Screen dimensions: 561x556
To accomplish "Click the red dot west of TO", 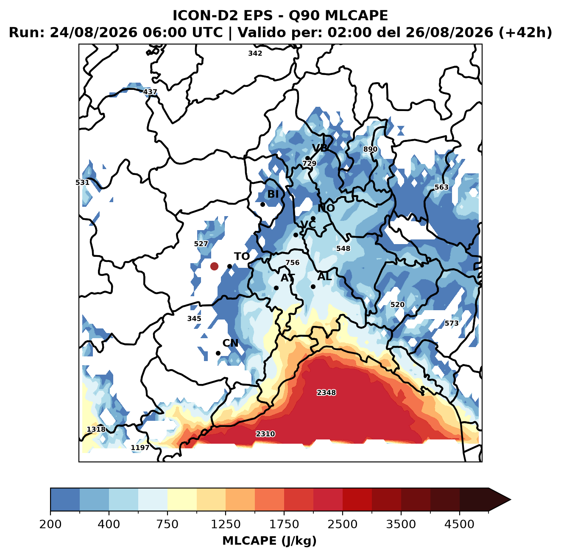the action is tap(214, 266).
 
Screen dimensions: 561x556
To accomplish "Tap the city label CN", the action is tap(230, 343).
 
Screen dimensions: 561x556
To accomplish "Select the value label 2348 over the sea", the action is tap(327, 392).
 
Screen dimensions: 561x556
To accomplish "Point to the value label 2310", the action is tap(265, 434).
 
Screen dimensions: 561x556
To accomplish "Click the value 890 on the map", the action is tap(370, 149).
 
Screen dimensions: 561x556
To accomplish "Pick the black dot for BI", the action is tap(262, 204).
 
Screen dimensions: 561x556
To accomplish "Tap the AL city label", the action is tap(325, 276).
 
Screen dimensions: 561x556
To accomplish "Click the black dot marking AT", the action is tap(276, 288).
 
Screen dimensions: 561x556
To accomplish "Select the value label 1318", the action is tap(96, 429).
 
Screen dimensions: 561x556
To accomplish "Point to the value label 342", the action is tap(255, 53).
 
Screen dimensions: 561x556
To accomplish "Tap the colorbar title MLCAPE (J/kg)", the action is tap(269, 541).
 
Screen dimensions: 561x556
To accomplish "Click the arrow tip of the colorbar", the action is tap(511, 500).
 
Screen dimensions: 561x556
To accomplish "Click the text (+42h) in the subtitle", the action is tap(525, 33).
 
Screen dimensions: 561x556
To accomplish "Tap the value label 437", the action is tap(150, 92).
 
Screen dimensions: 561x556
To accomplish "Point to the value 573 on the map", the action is tap(451, 323).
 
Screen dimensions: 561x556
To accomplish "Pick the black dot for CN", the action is tap(218, 353).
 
